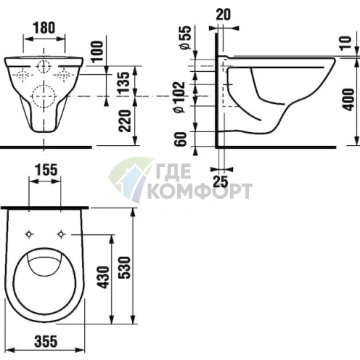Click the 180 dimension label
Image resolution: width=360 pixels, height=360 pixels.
tap(44, 28)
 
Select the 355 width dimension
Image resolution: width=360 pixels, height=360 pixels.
tap(46, 341)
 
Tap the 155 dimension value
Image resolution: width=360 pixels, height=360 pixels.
tap(46, 170)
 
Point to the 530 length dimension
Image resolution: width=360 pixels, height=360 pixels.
tap(126, 267)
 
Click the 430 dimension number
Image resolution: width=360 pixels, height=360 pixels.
tap(104, 277)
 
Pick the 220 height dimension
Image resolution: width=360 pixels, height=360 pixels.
tap(126, 121)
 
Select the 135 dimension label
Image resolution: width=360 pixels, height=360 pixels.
tap(124, 83)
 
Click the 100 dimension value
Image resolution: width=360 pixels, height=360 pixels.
tap(97, 52)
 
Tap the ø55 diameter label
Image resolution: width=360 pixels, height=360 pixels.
tap(186, 38)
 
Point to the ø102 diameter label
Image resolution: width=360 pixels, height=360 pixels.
tap(179, 97)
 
